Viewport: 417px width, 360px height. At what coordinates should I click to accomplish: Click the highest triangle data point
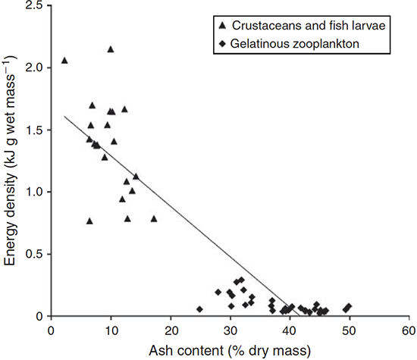(111, 49)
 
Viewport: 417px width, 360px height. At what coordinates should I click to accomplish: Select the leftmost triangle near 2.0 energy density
(64, 61)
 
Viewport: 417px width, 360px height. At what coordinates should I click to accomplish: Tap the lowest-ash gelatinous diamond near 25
(199, 309)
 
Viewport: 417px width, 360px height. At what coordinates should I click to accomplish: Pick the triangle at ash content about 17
(154, 218)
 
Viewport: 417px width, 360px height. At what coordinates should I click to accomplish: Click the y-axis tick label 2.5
(35, 5)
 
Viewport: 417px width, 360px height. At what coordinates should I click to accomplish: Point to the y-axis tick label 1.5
(35, 130)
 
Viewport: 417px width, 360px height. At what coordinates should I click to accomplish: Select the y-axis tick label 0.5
(35, 254)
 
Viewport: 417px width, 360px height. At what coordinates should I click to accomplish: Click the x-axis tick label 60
(409, 331)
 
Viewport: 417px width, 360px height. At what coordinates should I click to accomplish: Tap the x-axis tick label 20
(171, 331)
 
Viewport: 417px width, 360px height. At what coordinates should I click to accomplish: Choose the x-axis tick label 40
(290, 331)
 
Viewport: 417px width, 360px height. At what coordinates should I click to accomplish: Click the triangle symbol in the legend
(222, 26)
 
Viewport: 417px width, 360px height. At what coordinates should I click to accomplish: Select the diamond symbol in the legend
(222, 44)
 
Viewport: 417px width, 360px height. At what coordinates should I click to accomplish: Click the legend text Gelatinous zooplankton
(295, 44)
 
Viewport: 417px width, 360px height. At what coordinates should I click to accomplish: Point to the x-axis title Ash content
(187, 351)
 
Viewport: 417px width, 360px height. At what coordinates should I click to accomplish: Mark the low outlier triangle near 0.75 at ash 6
(89, 221)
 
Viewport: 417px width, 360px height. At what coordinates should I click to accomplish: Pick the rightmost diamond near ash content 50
(349, 306)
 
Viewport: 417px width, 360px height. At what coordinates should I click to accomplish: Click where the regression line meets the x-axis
(299, 316)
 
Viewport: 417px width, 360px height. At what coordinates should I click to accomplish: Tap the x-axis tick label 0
(51, 331)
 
